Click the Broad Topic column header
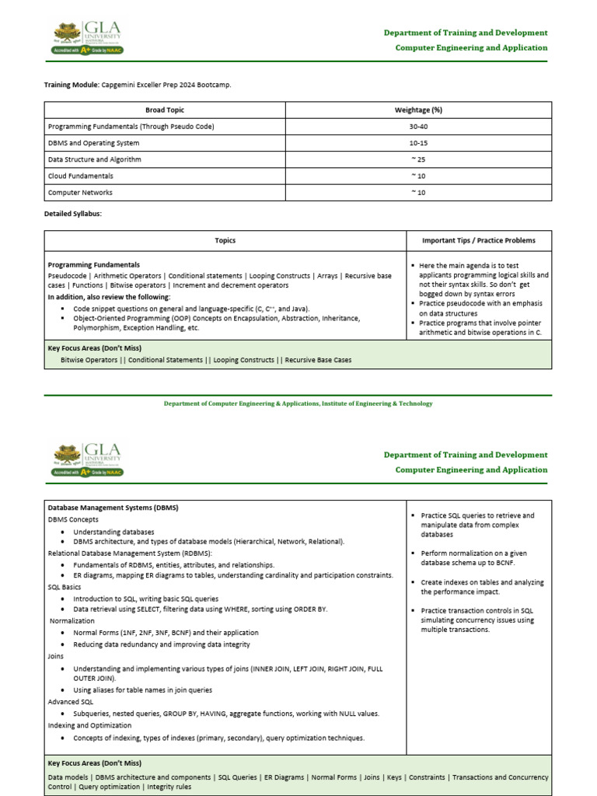click(x=165, y=110)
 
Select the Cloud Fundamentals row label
click(x=80, y=176)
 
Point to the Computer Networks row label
click(x=79, y=192)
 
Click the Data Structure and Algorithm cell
click(x=94, y=159)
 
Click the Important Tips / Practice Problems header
click(x=479, y=241)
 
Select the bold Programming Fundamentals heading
click(x=93, y=265)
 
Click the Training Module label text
click(x=72, y=84)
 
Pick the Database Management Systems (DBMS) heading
click(x=113, y=508)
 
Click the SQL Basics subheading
click(x=65, y=587)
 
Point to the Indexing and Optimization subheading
click(x=90, y=724)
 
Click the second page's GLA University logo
click(x=88, y=460)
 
